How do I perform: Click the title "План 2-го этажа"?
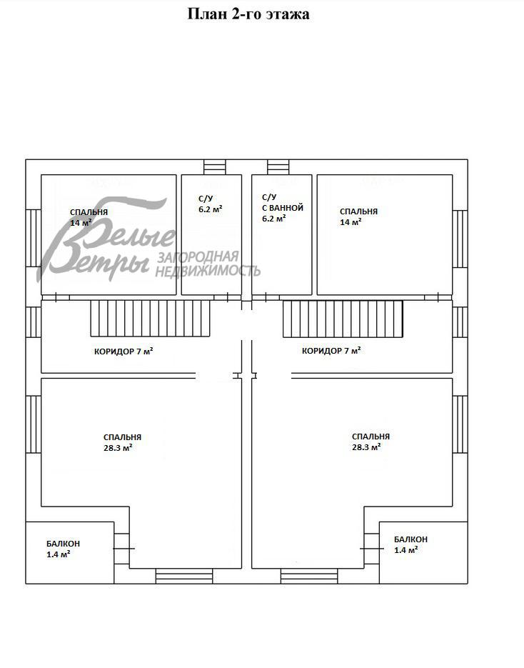248,14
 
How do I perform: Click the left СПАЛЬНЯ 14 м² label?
89,217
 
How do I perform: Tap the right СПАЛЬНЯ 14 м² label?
358,216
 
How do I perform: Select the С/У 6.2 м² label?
211,204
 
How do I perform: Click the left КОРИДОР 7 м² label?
124,352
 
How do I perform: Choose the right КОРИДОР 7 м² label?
331,351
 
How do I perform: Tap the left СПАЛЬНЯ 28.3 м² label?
122,442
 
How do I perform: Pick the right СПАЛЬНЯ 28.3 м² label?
371,442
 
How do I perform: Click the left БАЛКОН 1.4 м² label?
63,549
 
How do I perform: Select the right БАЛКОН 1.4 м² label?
410,544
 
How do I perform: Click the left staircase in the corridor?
150,318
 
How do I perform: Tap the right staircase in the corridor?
343,319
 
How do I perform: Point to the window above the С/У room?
215,166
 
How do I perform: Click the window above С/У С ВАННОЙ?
278,166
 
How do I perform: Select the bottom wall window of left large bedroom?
184,576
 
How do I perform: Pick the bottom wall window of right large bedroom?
309,576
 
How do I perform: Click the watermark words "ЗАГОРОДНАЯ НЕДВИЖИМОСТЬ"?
208,264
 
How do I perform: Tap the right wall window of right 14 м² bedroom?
460,239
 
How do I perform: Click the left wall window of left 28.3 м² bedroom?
34,424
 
